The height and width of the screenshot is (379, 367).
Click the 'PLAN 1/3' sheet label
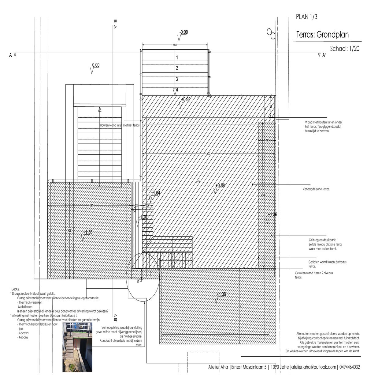point(306,17)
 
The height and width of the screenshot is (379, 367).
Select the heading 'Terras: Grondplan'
point(322,35)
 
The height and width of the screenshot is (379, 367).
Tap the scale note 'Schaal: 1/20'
point(345,48)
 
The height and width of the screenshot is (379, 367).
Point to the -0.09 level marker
point(184,32)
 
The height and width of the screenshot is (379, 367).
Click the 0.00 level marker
point(96,65)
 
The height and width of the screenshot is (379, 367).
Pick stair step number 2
point(177,68)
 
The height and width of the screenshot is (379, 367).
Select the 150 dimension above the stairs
point(175,45)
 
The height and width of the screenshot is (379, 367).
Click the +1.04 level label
point(155,193)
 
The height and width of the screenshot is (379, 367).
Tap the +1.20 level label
point(143,218)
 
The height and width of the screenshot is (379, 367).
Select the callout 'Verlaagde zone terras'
point(316,189)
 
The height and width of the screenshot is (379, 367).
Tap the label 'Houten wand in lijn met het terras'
point(120,125)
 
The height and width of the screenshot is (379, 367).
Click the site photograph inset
point(77,347)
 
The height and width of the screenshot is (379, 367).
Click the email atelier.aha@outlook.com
point(313,367)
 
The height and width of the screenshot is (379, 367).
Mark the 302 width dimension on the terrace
point(208,154)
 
